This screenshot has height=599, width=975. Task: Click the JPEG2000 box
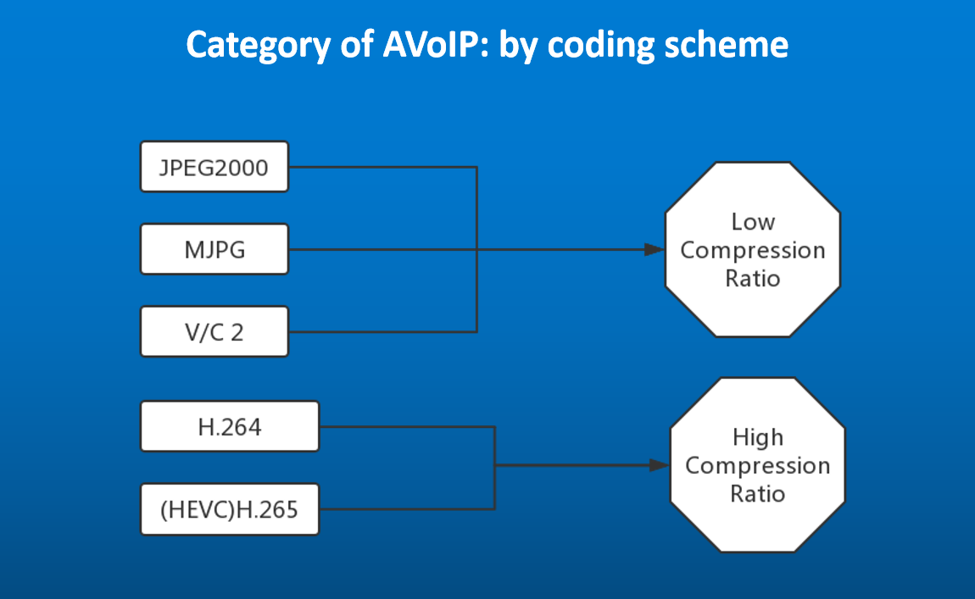pos(214,167)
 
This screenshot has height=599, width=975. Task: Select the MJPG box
pos(214,249)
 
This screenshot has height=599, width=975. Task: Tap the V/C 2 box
pos(214,331)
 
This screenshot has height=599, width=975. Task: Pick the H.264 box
pos(230,426)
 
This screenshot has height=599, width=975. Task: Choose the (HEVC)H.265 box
pos(230,509)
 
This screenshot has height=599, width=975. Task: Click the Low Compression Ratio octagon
pos(752,250)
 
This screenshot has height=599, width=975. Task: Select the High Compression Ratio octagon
pos(757,465)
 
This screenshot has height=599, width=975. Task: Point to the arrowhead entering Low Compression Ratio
pos(654,250)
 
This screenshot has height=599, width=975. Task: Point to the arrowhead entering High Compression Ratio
pos(660,465)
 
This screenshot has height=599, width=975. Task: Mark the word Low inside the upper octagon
pos(752,222)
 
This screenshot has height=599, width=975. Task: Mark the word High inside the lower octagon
pos(757,437)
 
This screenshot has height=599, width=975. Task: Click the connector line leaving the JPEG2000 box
pos(382,167)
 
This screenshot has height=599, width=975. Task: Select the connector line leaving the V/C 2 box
pos(382,331)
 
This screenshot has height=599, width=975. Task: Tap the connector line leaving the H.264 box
pos(407,427)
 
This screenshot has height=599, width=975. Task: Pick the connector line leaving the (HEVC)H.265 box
pos(407,509)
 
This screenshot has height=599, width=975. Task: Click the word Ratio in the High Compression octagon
pos(757,493)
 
